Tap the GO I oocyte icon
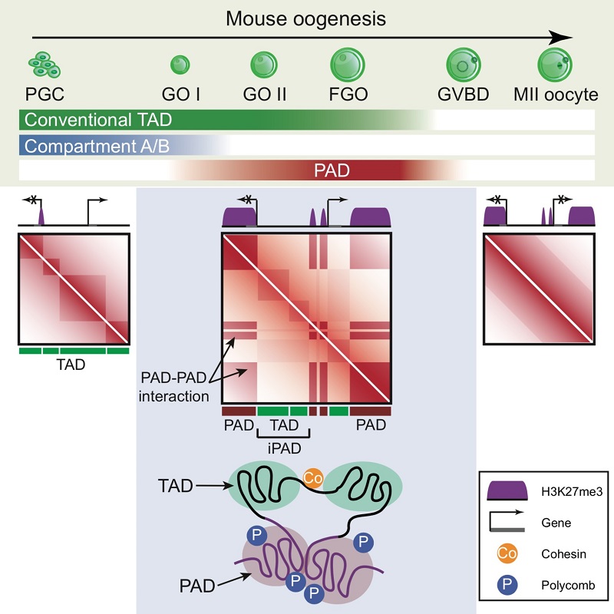click(x=181, y=64)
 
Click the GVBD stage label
click(x=464, y=95)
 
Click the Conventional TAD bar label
click(x=97, y=120)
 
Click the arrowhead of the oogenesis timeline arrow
click(x=564, y=37)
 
